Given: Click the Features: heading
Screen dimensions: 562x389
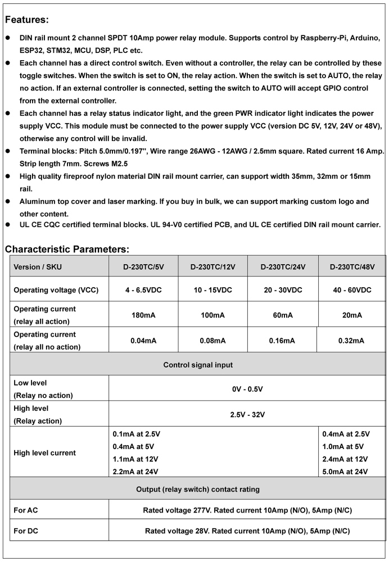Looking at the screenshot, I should (x=26, y=20).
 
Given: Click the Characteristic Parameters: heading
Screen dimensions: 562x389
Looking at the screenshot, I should (x=67, y=249).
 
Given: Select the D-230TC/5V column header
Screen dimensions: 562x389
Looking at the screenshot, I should (x=143, y=267).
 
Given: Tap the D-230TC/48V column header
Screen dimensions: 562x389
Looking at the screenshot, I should (x=352, y=267).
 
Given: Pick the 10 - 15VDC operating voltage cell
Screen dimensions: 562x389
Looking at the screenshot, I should (x=212, y=290).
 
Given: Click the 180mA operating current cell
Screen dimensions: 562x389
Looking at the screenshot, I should (x=143, y=315).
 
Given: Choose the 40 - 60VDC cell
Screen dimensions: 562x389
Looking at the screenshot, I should (x=352, y=290).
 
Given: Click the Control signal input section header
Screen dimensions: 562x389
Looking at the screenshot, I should (x=198, y=365).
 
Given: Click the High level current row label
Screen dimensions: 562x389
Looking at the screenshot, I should (x=44, y=452).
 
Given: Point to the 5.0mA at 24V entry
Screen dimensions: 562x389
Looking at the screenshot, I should (x=345, y=472).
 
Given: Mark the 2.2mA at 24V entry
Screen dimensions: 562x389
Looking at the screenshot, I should (x=135, y=472).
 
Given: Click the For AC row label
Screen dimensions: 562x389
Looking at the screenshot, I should (x=26, y=510).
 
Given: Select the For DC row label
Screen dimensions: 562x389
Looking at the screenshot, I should (x=26, y=531).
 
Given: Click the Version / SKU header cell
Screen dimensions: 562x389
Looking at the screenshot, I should (x=38, y=267).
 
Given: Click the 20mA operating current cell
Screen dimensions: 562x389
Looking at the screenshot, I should (x=352, y=315).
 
